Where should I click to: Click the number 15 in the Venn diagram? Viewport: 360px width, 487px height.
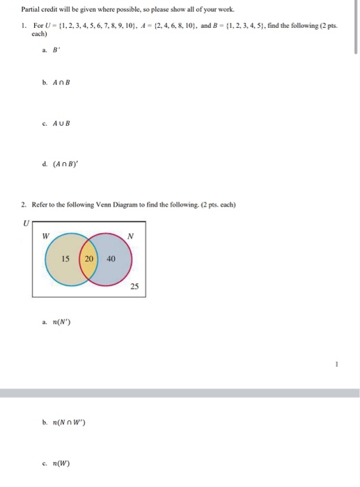click(x=65, y=259)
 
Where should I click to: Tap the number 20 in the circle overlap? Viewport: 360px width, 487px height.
click(x=88, y=259)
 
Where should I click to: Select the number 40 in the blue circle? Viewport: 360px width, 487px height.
click(x=111, y=259)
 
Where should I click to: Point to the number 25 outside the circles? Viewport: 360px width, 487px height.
click(x=134, y=286)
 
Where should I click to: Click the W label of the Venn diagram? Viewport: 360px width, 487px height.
click(x=45, y=235)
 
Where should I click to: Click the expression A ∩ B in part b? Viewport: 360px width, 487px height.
click(x=61, y=82)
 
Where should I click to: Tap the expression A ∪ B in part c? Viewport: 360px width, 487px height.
click(x=61, y=124)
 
